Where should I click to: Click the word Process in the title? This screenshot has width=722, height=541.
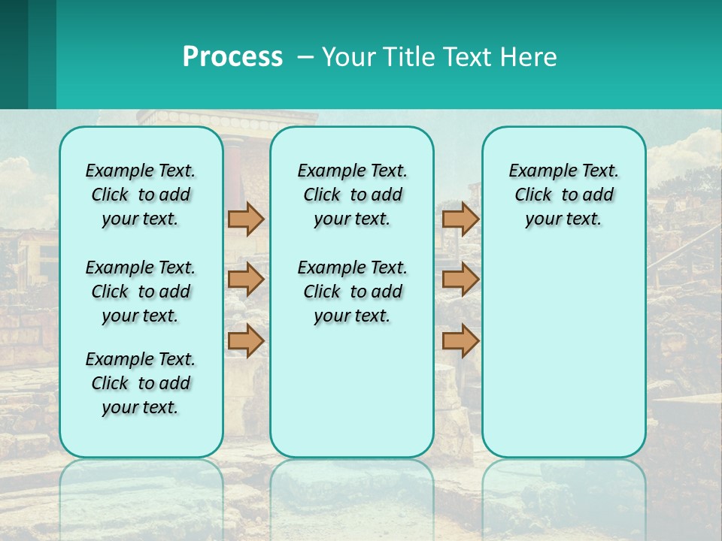[232, 57]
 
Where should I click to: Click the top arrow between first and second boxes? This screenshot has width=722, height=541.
[246, 219]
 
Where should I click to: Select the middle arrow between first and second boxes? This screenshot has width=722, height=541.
[246, 280]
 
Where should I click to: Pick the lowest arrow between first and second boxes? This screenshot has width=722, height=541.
[246, 341]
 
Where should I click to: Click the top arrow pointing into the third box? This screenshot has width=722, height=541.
[460, 219]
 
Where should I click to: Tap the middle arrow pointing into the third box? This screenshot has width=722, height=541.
[460, 280]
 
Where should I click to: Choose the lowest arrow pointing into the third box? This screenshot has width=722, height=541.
[460, 341]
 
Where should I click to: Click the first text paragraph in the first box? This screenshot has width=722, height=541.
[141, 195]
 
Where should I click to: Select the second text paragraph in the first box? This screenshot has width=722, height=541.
[141, 292]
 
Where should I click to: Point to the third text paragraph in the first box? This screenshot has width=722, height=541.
[141, 383]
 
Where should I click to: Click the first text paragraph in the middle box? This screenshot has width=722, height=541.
[352, 195]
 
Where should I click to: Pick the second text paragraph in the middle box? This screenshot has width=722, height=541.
[352, 292]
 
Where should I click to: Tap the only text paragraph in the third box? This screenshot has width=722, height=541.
[563, 195]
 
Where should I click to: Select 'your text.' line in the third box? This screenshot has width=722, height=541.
[563, 219]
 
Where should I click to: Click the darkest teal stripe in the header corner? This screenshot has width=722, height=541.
[14, 54]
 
